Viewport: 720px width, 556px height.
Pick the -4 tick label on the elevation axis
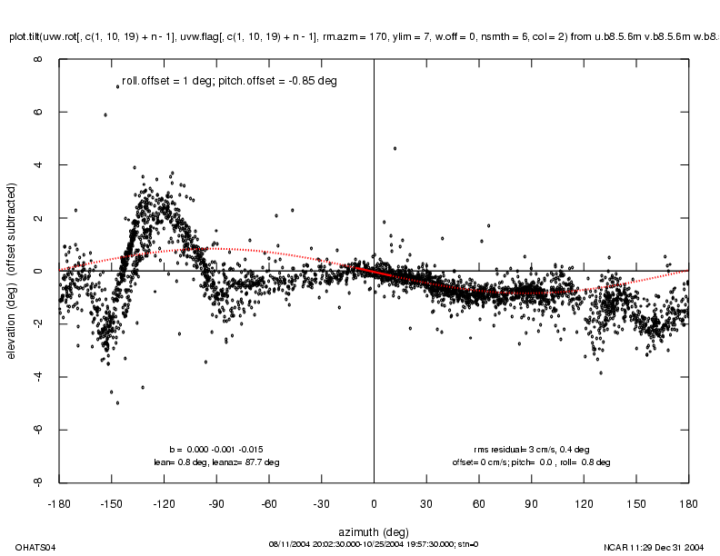(37, 376)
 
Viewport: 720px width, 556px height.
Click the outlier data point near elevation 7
(117, 86)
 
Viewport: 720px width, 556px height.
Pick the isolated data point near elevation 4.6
(395, 148)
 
